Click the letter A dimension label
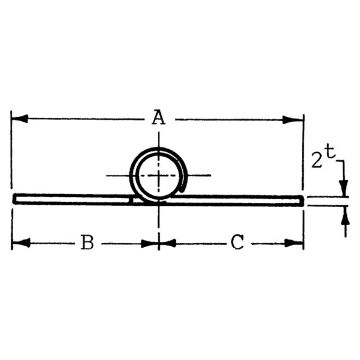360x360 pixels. coord(158,118)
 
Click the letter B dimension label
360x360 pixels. coord(88,242)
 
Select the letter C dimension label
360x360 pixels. coord(237,242)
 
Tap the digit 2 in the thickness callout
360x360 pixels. coord(316,160)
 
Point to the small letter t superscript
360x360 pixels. coord(330,153)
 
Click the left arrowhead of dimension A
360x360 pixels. coord(20,119)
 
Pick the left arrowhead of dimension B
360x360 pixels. coord(22,243)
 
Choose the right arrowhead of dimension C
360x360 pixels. coord(293,243)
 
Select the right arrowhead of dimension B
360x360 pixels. coord(150,244)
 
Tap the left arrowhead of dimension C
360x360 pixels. coord(168,243)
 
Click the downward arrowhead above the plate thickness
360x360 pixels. coord(344,188)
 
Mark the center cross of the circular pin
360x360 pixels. coord(158,175)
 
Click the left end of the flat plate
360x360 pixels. coord(14,198)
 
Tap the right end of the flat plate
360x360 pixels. coord(303,201)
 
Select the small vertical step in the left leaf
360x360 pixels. coord(131,200)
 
